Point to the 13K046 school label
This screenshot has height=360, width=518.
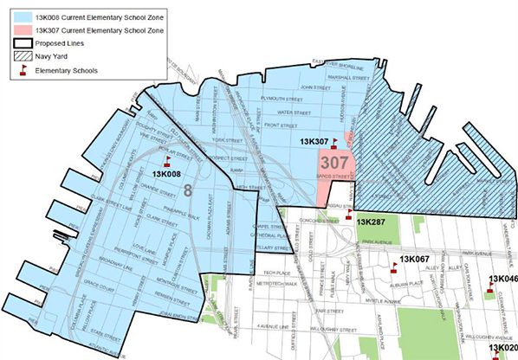click(503, 279)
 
